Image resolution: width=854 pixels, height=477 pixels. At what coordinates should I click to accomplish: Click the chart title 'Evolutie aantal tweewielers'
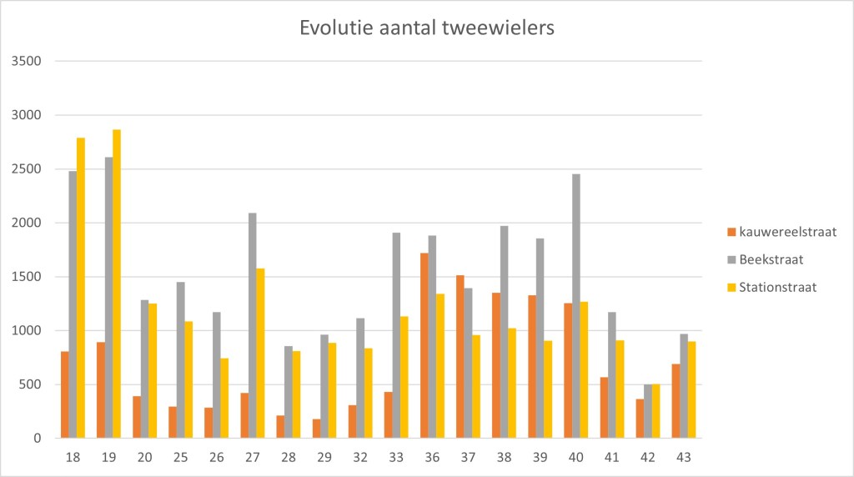point(426,28)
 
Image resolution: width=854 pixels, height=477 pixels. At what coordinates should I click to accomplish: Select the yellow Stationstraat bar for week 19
point(117,284)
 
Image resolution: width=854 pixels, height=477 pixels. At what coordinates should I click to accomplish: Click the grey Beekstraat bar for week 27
point(252,325)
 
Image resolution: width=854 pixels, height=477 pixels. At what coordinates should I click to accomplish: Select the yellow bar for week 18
point(81,288)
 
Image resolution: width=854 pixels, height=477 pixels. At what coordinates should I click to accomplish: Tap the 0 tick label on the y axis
point(36,439)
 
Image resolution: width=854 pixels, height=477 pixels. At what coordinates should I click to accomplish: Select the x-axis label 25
point(180,457)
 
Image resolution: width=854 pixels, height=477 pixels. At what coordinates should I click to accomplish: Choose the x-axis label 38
point(504,457)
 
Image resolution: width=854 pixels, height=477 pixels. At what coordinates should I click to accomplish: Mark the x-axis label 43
point(684,457)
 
